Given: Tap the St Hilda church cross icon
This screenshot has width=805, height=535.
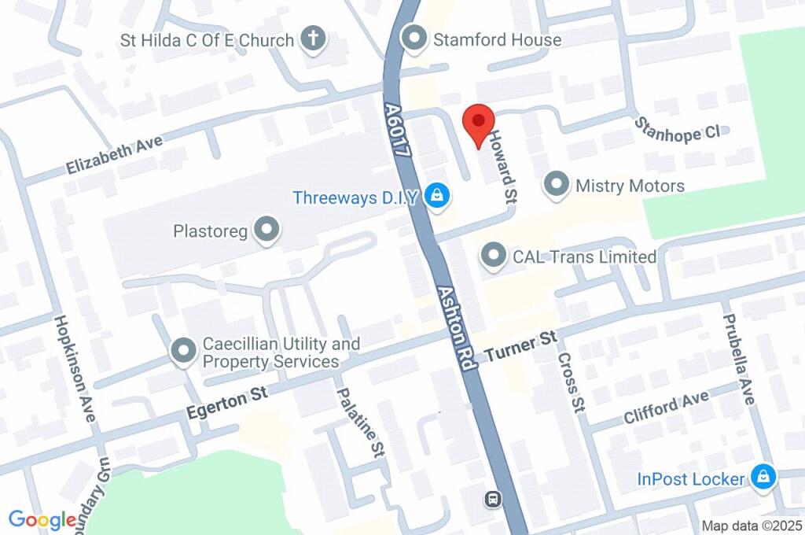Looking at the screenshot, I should tap(314, 39).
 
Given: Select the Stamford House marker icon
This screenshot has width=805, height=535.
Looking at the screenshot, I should tap(414, 38).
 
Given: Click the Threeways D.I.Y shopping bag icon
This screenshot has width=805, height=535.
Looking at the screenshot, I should tap(436, 196).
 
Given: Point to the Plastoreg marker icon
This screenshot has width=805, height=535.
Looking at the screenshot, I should tap(268, 231).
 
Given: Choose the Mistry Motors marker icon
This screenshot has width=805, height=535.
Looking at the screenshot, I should tap(557, 186).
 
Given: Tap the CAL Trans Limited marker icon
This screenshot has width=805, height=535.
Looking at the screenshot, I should tap(494, 256).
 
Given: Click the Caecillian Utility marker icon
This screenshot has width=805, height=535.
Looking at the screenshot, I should tap(183, 351).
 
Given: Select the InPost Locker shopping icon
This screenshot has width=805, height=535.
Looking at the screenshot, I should tap(761, 477).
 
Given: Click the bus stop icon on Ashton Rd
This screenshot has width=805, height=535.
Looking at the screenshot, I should tap(493, 498).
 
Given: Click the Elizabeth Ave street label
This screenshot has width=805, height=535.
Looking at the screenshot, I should tap(114, 154).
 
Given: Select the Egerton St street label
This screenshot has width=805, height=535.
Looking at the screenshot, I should tap(228, 401).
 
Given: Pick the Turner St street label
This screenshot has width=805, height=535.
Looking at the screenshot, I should tap(520, 345).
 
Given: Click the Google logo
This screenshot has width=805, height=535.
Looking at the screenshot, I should tap(42, 519).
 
